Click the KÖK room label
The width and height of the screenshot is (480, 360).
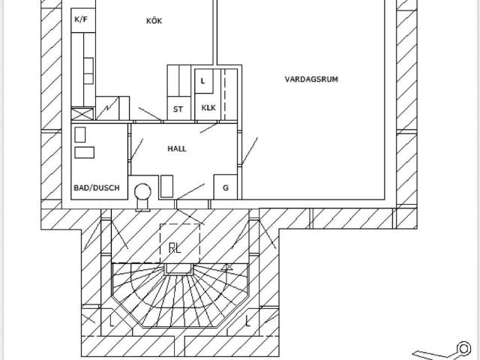tap(154, 21)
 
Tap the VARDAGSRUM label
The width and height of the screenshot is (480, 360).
tap(311, 79)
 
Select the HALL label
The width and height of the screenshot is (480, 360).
tap(177, 148)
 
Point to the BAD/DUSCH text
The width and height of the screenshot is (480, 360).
tap(97, 187)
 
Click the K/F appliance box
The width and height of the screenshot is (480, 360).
tap(83, 20)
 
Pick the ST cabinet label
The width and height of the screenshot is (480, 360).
tap(178, 109)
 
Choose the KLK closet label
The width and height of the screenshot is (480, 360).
tap(208, 108)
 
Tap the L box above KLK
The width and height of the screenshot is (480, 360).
tap(204, 81)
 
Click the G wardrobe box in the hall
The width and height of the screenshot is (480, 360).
tap(226, 187)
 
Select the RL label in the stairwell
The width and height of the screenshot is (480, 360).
tap(175, 247)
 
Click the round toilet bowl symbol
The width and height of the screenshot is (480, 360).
tap(142, 192)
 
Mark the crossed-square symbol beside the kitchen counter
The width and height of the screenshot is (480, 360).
tap(82, 114)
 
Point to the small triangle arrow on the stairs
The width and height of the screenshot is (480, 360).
tap(226, 268)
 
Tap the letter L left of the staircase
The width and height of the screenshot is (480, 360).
tap(112, 321)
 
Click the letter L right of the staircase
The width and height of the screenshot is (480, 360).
tap(247, 321)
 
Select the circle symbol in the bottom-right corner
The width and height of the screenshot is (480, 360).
tap(463, 348)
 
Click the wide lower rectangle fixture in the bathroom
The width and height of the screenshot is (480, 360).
tap(85, 152)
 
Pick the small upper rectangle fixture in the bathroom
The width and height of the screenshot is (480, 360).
tap(80, 135)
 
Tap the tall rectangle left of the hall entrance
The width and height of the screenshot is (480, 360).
tap(166, 186)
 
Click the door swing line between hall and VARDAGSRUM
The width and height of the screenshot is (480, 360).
tap(250, 151)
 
